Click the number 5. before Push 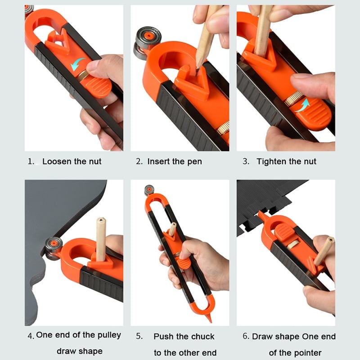coord(139,337)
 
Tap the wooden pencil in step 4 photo coord(100,238)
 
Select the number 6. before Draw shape coord(246,337)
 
